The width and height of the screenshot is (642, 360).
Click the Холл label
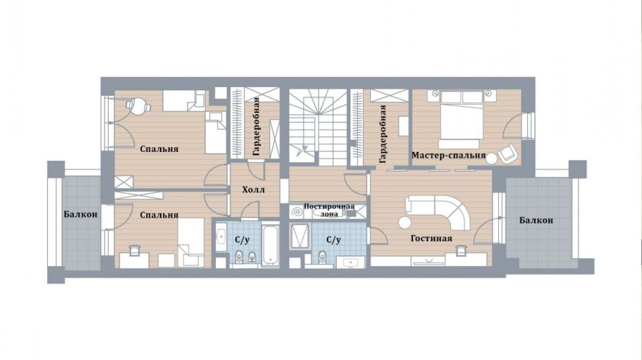[x=253, y=190]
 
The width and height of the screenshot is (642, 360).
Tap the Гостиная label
[x=431, y=238]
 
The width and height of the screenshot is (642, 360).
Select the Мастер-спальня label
[x=448, y=155]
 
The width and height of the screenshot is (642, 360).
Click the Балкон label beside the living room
[x=536, y=220]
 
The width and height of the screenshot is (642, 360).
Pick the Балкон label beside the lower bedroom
[x=80, y=214]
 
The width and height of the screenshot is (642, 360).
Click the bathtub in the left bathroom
[x=270, y=245]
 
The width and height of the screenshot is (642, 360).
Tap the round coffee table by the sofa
[x=405, y=222]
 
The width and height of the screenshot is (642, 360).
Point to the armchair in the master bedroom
[x=507, y=153]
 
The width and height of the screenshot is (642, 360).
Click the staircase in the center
[x=318, y=127]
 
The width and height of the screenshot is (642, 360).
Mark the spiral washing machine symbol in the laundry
[x=297, y=212]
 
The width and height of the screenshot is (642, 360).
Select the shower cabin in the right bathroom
[x=300, y=236]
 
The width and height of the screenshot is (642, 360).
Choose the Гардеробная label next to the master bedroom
[x=382, y=134]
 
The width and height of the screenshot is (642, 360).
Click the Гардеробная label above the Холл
[x=256, y=126]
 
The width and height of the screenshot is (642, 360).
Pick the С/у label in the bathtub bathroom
[x=242, y=240]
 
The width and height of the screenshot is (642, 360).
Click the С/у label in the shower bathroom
[x=333, y=240]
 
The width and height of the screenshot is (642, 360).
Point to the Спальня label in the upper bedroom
[x=159, y=149]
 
